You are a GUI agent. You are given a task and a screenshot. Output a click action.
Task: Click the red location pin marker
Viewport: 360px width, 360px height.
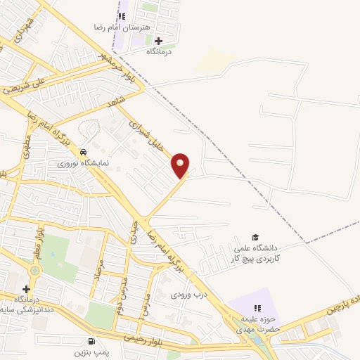click(x=181, y=165)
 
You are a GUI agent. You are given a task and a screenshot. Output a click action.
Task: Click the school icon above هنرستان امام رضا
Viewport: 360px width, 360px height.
click(x=122, y=15)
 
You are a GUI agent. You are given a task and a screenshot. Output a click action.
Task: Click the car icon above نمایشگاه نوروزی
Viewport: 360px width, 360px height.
click(x=84, y=151)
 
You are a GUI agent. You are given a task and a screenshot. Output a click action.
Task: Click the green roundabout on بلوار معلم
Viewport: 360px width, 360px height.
click(x=35, y=270)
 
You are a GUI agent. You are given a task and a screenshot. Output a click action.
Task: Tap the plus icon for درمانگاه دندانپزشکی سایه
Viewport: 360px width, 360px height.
click(x=26, y=289)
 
